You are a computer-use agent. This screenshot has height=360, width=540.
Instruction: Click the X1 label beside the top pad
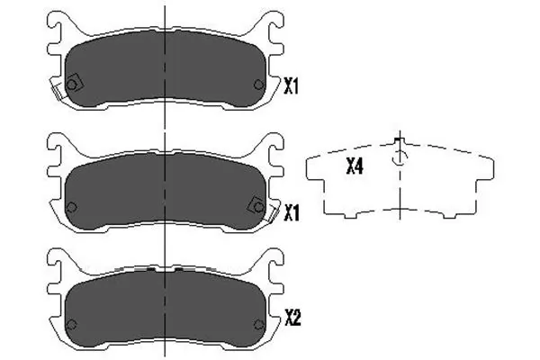291,86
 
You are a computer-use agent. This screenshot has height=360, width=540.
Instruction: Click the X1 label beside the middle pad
291,212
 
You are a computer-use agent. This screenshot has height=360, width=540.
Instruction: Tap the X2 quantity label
292,317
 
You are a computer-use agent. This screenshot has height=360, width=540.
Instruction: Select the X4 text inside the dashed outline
355,166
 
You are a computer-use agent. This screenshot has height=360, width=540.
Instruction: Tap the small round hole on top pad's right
259,85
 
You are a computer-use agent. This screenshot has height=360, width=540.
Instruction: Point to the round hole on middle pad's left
72,207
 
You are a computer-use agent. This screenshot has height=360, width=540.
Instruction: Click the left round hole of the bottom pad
72,325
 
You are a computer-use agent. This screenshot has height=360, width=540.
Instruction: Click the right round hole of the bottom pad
260,325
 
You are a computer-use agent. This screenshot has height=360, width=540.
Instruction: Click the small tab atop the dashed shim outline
400,141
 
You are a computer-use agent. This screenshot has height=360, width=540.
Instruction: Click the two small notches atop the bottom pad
166,269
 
